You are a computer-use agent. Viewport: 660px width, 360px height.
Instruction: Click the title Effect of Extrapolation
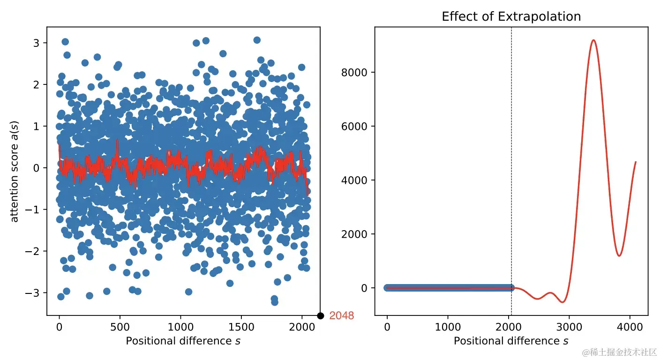(511, 17)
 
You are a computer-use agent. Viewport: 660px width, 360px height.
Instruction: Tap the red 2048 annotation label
(342, 316)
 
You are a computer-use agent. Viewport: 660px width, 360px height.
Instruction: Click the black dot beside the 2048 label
(321, 316)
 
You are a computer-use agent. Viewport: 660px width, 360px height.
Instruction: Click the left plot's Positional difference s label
(183, 341)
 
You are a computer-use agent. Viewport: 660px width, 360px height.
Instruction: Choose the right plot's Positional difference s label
(511, 341)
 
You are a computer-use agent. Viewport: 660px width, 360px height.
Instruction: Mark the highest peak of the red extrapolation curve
(593, 40)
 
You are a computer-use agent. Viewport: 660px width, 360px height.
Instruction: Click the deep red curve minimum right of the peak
(619, 256)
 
